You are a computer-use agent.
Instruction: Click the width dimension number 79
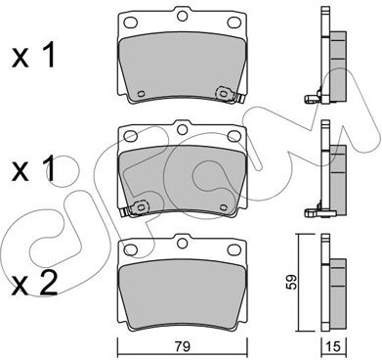click(184, 346)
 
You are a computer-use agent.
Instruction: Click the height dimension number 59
click(292, 282)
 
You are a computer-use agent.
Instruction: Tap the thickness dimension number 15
click(334, 346)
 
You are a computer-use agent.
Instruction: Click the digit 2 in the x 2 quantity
click(49, 284)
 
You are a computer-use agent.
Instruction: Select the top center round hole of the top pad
click(183, 16)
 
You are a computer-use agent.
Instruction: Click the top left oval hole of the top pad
click(131, 22)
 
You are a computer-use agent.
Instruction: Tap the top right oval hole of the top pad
click(233, 22)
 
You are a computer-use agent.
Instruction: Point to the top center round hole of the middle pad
click(183, 129)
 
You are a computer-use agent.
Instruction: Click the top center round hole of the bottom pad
click(183, 243)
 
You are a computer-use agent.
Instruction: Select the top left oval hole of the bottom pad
click(131, 249)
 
